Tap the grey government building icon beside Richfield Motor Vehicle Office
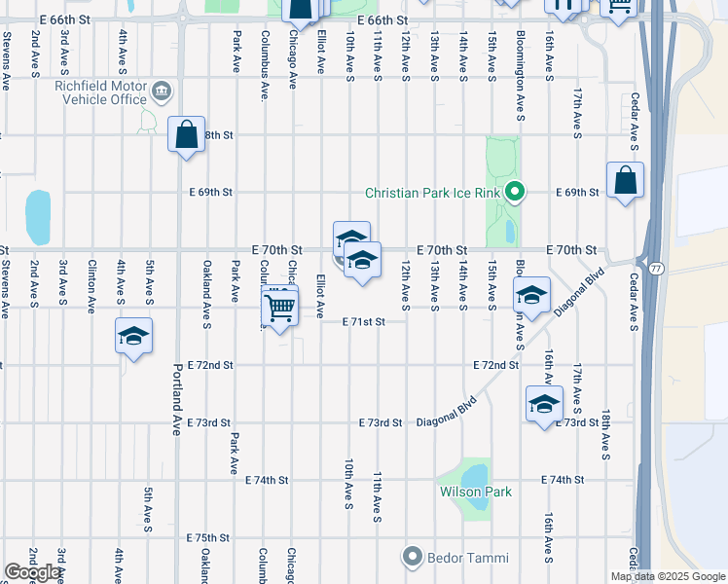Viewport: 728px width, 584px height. tap(162, 92)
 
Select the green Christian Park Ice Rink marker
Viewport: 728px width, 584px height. tap(517, 192)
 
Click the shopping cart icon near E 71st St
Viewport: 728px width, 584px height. tap(280, 308)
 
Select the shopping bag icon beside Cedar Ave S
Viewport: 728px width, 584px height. tap(625, 180)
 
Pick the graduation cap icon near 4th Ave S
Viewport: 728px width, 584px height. tap(133, 337)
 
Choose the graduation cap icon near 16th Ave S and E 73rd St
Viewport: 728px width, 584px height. tap(544, 404)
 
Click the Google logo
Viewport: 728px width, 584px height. tap(33, 572)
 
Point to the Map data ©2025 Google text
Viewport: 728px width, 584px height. tap(669, 576)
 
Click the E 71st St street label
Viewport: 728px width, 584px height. tap(364, 321)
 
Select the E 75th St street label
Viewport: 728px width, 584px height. tap(208, 537)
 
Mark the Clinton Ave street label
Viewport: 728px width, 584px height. tap(91, 286)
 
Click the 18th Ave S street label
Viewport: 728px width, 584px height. tap(605, 433)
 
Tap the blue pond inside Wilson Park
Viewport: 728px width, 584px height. tap(475, 475)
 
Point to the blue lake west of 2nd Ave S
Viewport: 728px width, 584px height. tap(38, 217)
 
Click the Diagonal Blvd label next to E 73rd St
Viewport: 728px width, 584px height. tap(447, 412)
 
